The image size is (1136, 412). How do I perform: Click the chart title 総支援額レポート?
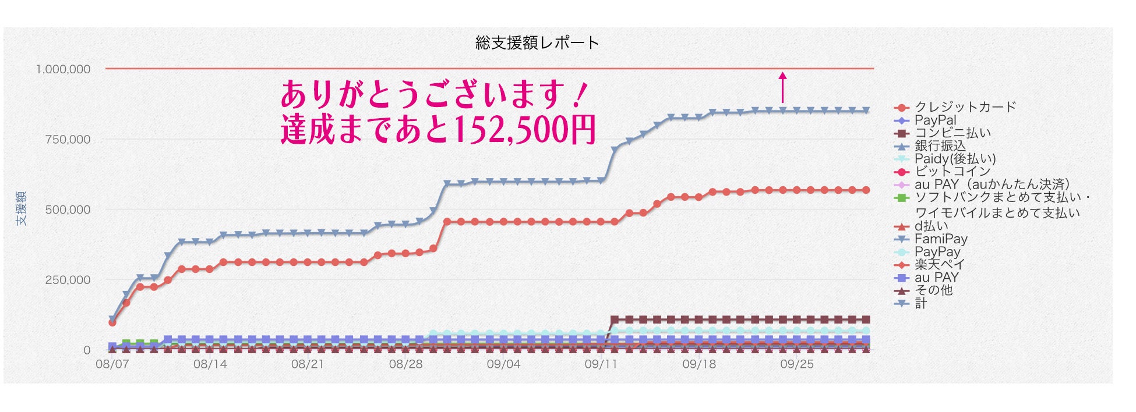(x=537, y=42)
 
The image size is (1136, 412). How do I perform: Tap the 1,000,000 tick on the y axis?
(x=63, y=69)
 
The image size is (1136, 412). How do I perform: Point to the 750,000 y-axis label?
(x=68, y=140)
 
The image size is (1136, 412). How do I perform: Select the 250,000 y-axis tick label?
(x=68, y=280)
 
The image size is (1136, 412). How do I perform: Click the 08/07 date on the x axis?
(x=112, y=364)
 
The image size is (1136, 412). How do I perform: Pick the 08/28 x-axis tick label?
(x=405, y=364)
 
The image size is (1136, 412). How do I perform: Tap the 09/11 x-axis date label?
(x=601, y=364)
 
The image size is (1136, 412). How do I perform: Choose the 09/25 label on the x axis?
(x=796, y=364)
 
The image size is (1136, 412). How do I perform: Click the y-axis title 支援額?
(x=21, y=208)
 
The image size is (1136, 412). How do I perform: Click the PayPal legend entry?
(x=935, y=120)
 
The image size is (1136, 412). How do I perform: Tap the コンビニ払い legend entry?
(x=952, y=133)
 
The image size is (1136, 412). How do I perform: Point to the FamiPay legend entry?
(x=940, y=239)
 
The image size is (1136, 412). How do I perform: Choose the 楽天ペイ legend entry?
(x=939, y=264)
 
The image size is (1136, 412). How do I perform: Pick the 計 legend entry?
(x=920, y=303)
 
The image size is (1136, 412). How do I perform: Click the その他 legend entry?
(x=933, y=290)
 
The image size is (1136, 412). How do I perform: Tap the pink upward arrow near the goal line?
(x=782, y=87)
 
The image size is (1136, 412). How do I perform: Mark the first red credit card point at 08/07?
(x=112, y=322)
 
